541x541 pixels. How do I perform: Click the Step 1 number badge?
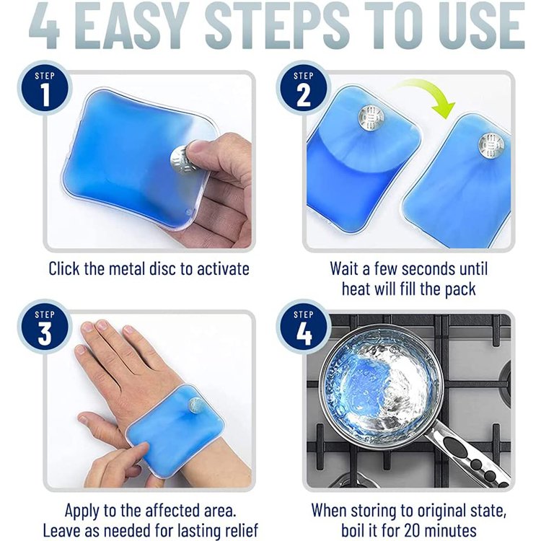pos(45,88)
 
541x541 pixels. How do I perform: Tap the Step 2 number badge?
pos(303,88)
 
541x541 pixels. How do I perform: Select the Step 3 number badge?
pos(45,326)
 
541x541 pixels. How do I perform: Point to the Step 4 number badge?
pos(303,326)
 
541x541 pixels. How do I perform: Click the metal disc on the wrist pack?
pos(197,404)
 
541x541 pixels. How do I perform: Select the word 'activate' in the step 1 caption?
pos(223,269)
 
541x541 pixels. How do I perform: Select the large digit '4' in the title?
pos(45,26)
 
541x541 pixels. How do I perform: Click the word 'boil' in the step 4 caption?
pos(353,530)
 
